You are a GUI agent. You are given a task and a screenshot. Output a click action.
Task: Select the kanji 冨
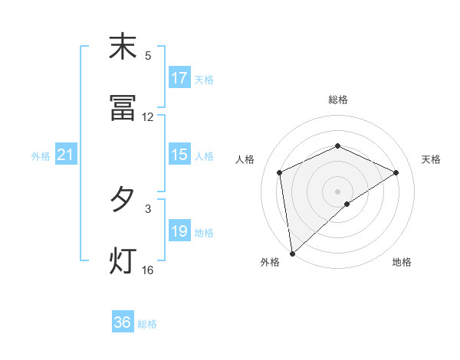(123, 109)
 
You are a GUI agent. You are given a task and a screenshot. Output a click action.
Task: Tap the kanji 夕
(123, 200)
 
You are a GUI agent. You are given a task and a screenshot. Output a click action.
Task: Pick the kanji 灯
(123, 260)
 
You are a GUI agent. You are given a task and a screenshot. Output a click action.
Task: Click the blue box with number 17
(179, 78)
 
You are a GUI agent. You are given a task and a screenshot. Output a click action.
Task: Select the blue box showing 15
(179, 155)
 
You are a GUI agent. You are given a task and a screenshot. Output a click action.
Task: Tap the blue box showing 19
(179, 231)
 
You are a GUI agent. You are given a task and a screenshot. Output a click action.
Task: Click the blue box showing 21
(66, 155)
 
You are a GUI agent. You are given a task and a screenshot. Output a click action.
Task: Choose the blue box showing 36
(123, 322)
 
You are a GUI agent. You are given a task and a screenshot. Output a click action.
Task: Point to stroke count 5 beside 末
(148, 56)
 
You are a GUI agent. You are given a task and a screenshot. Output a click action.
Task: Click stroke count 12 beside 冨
(148, 117)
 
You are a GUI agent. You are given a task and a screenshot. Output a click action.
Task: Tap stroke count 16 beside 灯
(148, 270)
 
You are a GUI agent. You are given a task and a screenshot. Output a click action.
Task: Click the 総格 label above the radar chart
(338, 100)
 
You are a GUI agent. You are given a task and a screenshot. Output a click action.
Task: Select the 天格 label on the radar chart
(431, 159)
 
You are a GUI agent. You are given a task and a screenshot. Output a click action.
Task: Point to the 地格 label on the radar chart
(402, 262)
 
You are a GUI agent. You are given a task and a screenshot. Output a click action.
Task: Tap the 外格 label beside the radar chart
(270, 262)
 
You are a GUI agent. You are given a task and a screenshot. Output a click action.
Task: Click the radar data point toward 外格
(292, 253)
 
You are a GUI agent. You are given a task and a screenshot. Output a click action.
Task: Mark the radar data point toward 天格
(396, 172)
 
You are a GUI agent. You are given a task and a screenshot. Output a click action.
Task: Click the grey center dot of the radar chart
(338, 191)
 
